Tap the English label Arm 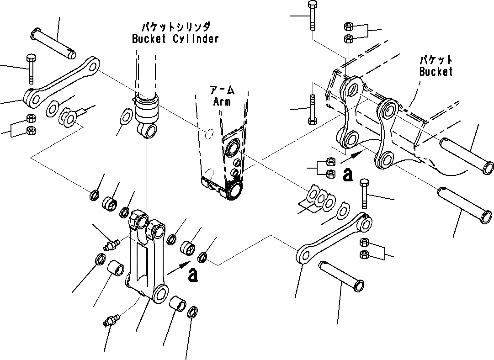(222, 101)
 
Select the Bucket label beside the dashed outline (436, 72)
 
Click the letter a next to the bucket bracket (348, 174)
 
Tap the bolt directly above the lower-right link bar (364, 192)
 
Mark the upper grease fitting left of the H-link (111, 244)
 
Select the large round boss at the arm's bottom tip (234, 190)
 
